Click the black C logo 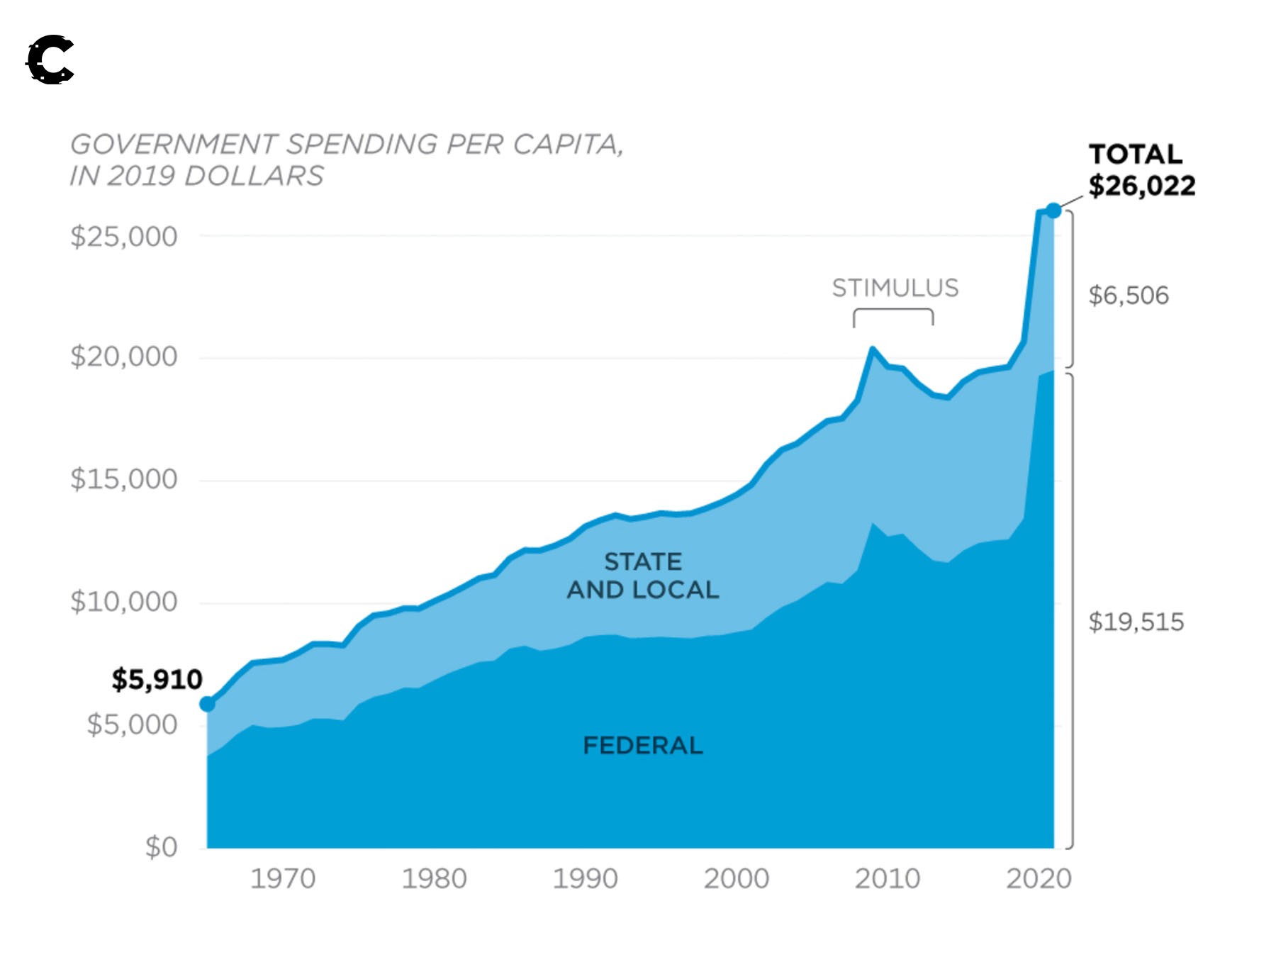point(50,60)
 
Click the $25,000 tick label point(123,236)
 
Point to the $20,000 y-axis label point(123,356)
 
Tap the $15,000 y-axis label point(123,479)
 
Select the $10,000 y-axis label point(123,602)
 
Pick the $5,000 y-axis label point(132,724)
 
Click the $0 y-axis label point(161,847)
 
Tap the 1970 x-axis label point(283,879)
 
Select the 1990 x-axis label point(585,879)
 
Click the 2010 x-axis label point(887,879)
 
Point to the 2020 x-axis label point(1039,879)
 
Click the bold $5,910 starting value point(157,679)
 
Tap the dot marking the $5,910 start point(207,704)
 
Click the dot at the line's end point(1053,211)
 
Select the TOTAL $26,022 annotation point(1141,170)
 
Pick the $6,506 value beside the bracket point(1129,296)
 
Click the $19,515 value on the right point(1136,622)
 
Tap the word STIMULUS point(895,289)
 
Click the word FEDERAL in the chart point(642,746)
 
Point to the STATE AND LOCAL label point(642,576)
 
